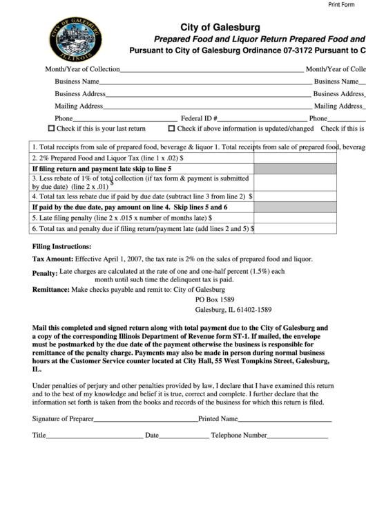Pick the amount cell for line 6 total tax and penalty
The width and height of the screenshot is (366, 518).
pos(295,228)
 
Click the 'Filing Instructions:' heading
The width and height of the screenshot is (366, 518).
pos(62,246)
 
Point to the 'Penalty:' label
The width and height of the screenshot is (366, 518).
pos(44,274)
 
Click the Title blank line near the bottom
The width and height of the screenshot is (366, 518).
pos(94,437)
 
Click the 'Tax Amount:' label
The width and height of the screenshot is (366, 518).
pos(52,259)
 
